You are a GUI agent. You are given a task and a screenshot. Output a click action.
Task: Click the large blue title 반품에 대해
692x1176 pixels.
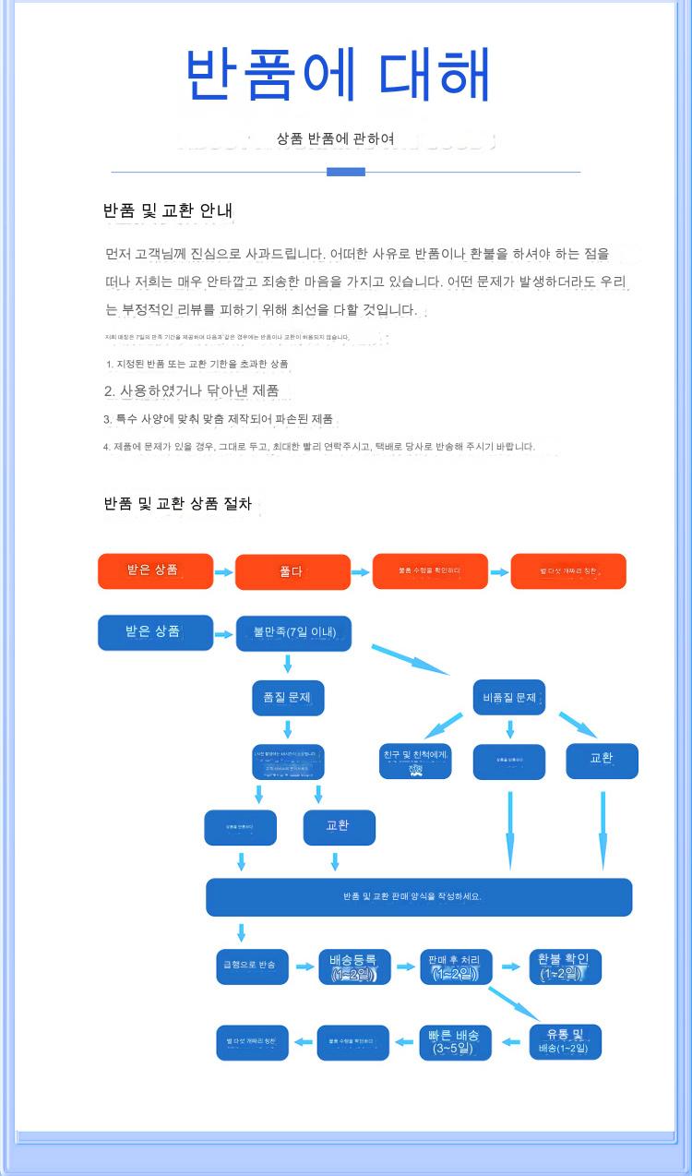point(338,74)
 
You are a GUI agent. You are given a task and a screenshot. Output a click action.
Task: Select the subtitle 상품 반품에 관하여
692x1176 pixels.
point(336,138)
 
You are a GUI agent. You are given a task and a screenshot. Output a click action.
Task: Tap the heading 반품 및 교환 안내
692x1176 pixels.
point(168,211)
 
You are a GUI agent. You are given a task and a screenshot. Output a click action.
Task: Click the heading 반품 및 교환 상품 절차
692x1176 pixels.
point(178,504)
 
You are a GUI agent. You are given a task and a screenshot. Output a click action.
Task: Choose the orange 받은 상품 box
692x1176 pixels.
point(155,570)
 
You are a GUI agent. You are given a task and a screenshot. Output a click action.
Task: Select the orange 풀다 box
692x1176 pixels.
point(292,571)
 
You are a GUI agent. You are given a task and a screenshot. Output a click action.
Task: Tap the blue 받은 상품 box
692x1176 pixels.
point(155,632)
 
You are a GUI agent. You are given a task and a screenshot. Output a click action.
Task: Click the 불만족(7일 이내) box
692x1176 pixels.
point(293,632)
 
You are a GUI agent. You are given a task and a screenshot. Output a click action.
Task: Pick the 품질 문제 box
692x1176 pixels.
point(288,697)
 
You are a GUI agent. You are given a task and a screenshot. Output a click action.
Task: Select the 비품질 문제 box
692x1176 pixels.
point(509,697)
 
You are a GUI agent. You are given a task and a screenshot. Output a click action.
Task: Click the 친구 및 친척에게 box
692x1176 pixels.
point(415,761)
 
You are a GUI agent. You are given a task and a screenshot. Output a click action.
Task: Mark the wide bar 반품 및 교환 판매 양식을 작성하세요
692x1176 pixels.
point(418,896)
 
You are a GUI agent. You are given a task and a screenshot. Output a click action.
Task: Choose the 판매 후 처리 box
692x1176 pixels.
point(456,966)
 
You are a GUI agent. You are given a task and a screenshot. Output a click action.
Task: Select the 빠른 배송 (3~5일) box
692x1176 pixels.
point(456,1041)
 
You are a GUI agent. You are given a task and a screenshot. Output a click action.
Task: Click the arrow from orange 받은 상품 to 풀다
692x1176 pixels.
point(224,572)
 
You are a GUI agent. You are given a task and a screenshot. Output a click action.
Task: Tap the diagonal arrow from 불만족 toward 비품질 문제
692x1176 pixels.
point(410,659)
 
